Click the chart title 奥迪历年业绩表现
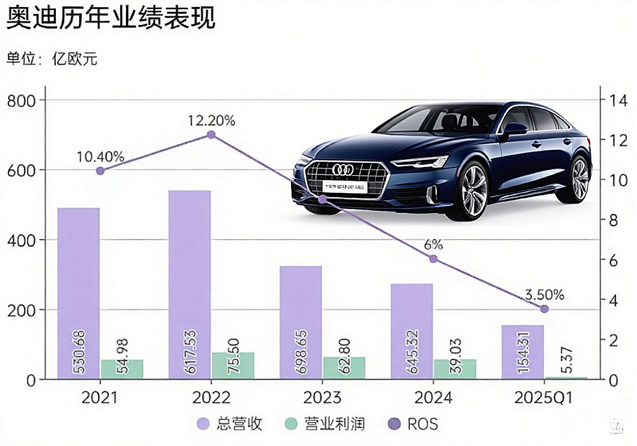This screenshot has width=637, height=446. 111,19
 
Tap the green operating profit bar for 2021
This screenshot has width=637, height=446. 122,369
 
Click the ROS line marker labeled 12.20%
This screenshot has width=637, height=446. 211,134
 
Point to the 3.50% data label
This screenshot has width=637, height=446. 544,295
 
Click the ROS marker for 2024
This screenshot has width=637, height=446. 433,259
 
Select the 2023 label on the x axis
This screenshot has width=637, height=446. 322,397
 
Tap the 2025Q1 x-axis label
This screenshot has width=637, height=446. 544,397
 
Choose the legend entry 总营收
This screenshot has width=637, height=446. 231,424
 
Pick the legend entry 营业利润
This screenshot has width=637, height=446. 326,424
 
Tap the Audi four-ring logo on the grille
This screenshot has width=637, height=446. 342,169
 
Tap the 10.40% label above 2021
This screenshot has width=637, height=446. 101,157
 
